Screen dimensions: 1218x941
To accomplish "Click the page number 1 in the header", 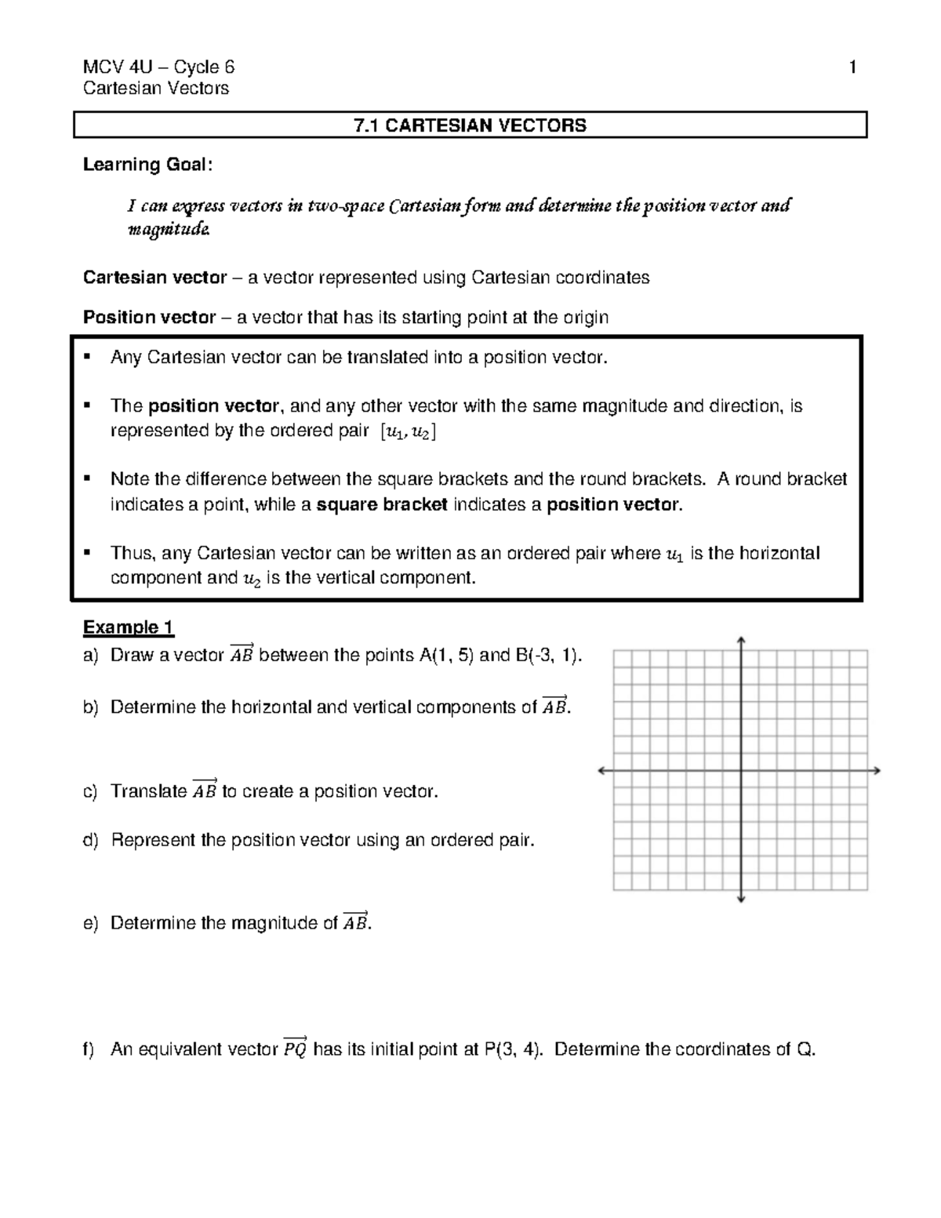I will tap(852, 67).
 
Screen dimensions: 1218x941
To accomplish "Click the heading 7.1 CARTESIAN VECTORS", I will tap(470, 125).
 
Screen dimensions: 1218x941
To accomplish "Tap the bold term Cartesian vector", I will tap(154, 278).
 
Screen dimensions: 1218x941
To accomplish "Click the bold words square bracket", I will tap(382, 505).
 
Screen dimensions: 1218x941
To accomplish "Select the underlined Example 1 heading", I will tap(128, 627).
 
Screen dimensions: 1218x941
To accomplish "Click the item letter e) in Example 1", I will tap(91, 923).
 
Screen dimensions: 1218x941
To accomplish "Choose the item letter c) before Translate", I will tap(91, 791).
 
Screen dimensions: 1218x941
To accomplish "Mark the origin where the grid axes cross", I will tap(741, 771).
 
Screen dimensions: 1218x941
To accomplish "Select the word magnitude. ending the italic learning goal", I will tap(169, 230).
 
